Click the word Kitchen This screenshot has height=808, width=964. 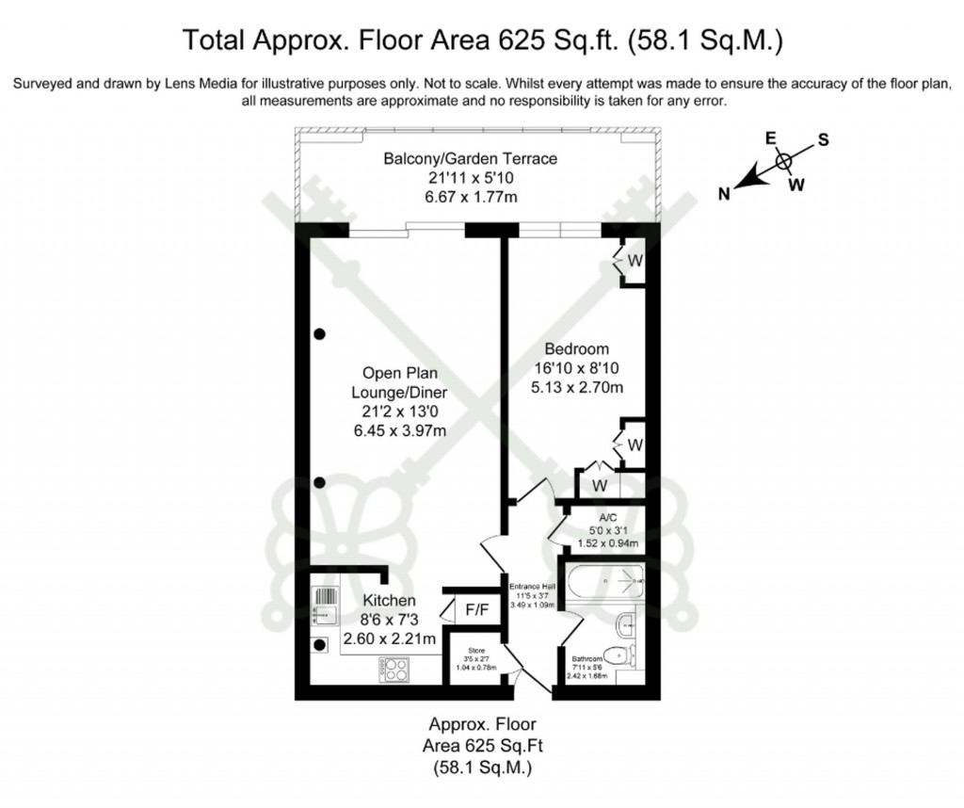pyautogui.click(x=389, y=600)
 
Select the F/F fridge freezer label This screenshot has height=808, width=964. pyautogui.click(x=477, y=610)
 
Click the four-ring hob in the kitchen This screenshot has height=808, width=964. pyautogui.click(x=394, y=670)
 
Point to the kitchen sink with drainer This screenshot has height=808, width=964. pyautogui.click(x=324, y=606)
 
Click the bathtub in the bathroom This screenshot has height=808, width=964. pyautogui.click(x=602, y=582)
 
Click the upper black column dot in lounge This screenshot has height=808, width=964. pyautogui.click(x=320, y=333)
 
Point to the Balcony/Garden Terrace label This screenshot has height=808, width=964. pyautogui.click(x=470, y=158)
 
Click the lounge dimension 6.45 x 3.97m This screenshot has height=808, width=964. pyautogui.click(x=394, y=430)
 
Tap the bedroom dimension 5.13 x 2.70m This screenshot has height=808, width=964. pyautogui.click(x=577, y=386)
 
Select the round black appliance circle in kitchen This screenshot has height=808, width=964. pyautogui.click(x=318, y=645)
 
